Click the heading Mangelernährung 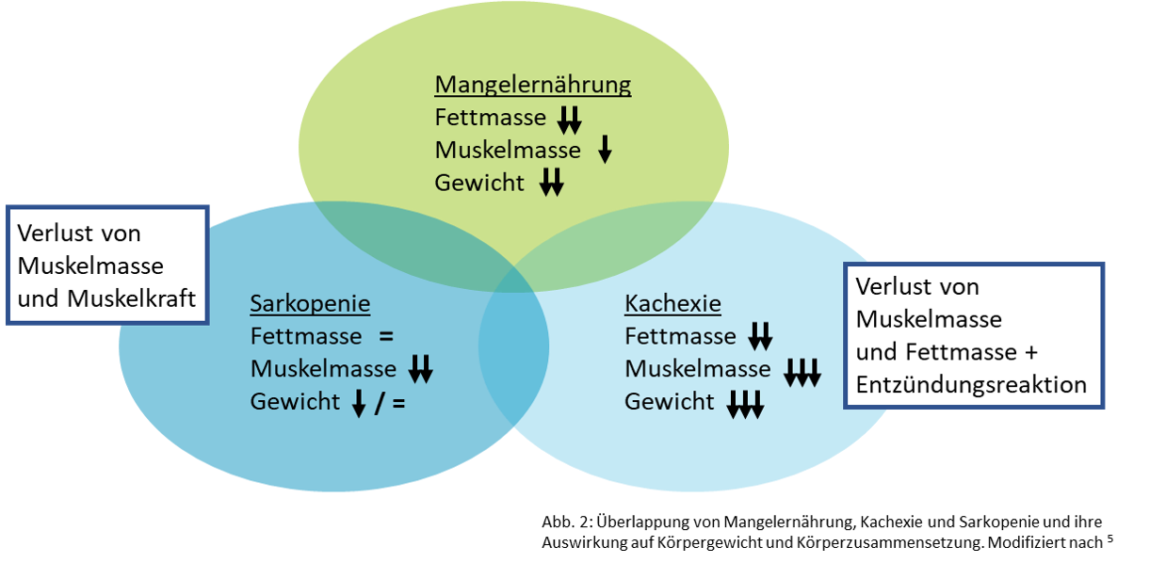coord(532,86)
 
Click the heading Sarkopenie coord(310,304)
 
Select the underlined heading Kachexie coord(672,304)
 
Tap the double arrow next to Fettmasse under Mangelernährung coord(570,120)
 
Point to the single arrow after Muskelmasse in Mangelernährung coord(605,149)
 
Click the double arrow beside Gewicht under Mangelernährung coord(551,182)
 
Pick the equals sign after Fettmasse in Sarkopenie coord(384,336)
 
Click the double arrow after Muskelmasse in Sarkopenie coord(420,369)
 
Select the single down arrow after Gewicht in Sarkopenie coord(358,403)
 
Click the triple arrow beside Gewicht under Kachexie coord(745,404)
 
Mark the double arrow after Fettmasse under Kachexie coord(760,336)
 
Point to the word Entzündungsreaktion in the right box coord(971,384)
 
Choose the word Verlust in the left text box coord(53,233)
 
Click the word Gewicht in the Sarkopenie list coord(295,402)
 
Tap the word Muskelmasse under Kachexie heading coord(697,369)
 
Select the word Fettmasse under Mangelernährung coord(490,118)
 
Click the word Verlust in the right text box coord(891,286)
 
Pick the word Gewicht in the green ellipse coord(479,183)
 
